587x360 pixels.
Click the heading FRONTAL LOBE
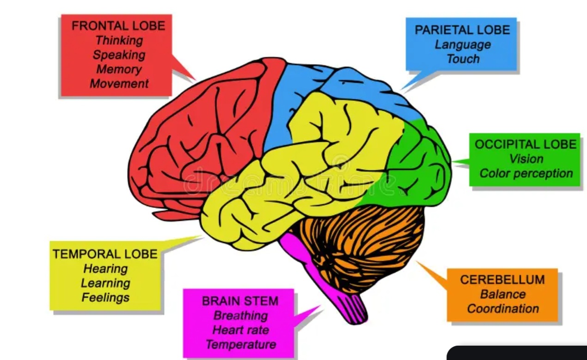tap(118, 25)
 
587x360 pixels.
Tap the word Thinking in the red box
tap(119, 40)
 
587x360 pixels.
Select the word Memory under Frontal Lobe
tap(119, 69)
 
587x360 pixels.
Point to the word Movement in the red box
tap(119, 84)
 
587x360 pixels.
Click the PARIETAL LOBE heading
tap(462, 30)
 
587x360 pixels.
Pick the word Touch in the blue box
tap(463, 59)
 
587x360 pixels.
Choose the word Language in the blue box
tap(463, 44)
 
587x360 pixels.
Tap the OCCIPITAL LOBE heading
tap(526, 144)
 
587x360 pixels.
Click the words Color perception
tap(526, 173)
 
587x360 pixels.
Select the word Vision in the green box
tap(526, 159)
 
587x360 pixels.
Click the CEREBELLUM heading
tap(502, 280)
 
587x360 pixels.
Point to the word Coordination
tap(503, 309)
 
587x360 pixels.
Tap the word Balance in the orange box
tap(503, 294)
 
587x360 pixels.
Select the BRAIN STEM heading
tap(240, 301)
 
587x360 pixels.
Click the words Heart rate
tap(240, 330)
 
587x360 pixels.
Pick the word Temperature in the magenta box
tap(240, 345)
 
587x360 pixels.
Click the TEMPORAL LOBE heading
tap(105, 254)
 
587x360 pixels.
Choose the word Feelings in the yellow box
tap(105, 298)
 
